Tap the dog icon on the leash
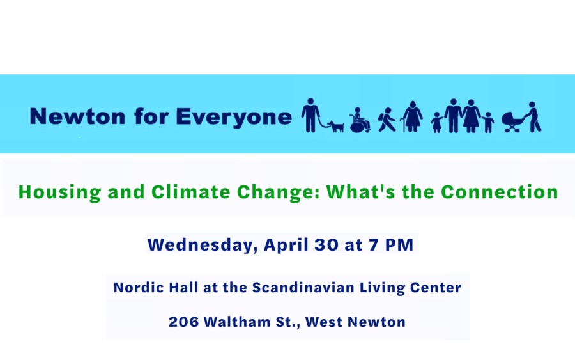tap(336, 126)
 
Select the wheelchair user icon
tap(360, 120)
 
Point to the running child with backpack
tap(387, 120)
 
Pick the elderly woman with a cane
tap(412, 117)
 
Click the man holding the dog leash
tap(310, 115)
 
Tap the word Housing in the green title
tap(59, 192)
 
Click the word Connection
tap(500, 192)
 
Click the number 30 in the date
tap(326, 245)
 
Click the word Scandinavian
tap(303, 287)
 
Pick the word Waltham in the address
tap(237, 322)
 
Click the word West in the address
tap(323, 322)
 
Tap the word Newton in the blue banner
tap(78, 117)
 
